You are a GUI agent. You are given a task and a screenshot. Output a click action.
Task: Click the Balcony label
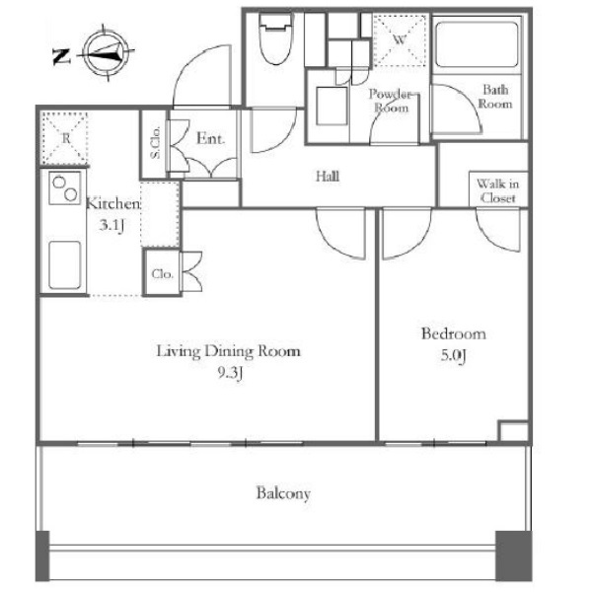[283, 493]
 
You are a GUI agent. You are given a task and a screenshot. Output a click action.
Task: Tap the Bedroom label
[454, 333]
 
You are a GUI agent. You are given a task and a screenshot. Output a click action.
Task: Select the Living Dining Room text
[229, 351]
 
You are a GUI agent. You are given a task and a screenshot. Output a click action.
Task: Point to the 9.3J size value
[230, 373]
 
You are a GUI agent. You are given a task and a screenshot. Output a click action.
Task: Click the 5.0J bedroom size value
[454, 355]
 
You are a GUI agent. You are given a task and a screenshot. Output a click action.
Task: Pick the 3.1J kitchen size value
[111, 225]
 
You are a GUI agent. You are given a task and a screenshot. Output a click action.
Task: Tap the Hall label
[328, 177]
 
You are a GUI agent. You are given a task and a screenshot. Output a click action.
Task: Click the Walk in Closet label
[497, 191]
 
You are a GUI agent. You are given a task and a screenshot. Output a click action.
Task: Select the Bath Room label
[495, 97]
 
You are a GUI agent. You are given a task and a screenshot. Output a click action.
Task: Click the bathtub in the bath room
[477, 44]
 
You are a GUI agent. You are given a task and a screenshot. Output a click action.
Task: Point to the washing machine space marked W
[400, 40]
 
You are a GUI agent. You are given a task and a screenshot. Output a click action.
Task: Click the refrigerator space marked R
[65, 138]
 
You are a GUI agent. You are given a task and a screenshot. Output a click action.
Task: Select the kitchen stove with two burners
[64, 188]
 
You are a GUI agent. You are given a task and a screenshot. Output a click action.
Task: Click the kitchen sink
[65, 265]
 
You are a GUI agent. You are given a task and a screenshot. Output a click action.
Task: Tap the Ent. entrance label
[211, 138]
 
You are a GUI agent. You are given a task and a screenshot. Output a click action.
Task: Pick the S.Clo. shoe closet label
[155, 142]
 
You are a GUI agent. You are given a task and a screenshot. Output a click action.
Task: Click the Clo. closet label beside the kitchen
[163, 273]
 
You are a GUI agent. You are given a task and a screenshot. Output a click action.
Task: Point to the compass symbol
[107, 53]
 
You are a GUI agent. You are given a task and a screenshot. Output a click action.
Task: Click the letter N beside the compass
[61, 56]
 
